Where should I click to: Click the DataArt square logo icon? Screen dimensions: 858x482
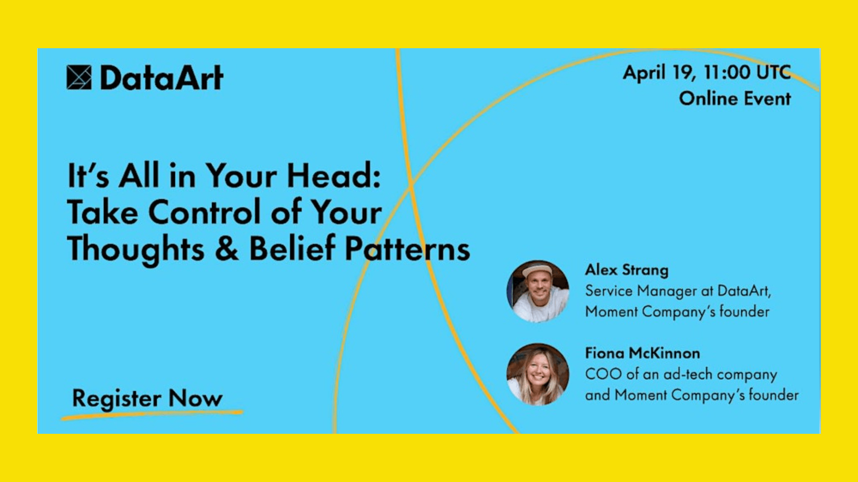[79, 77]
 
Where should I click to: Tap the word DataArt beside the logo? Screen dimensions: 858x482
[162, 78]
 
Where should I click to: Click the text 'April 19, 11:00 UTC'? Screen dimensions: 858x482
[707, 73]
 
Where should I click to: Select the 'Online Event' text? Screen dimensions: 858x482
[735, 99]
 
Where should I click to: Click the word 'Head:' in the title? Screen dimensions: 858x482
[334, 175]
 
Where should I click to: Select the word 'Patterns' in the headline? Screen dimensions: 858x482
[408, 249]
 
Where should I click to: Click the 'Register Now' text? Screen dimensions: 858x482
[147, 398]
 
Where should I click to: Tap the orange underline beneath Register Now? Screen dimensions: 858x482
[152, 415]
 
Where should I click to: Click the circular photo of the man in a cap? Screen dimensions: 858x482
[538, 291]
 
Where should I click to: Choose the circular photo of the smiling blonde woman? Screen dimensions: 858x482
[538, 374]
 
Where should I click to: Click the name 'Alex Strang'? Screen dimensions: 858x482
[627, 270]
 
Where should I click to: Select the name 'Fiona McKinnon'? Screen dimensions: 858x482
[643, 353]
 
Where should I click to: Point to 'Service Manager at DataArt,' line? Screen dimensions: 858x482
[678, 291]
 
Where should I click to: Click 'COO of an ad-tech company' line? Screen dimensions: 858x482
[681, 374]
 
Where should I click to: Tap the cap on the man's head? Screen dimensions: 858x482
[538, 270]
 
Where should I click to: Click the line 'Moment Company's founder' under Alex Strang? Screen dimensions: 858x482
[677, 312]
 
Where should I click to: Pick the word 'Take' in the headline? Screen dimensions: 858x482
[103, 212]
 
